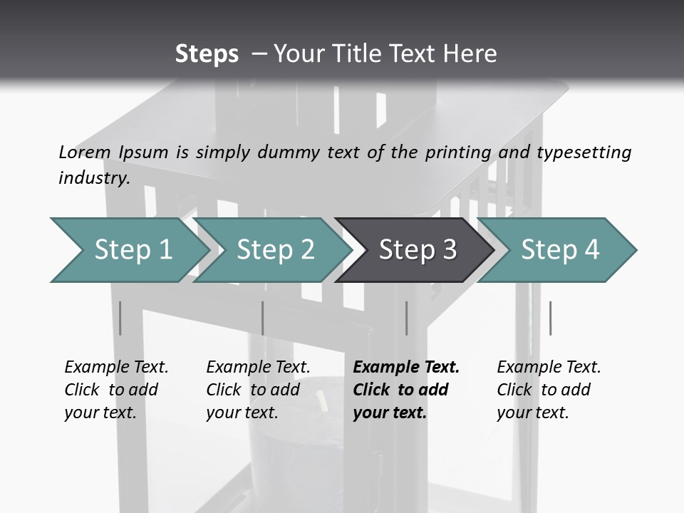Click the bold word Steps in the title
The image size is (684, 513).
pyautogui.click(x=207, y=54)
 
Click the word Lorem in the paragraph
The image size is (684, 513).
pyautogui.click(x=84, y=152)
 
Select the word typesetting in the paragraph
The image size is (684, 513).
pyautogui.click(x=584, y=152)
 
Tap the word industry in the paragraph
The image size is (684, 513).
pyautogui.click(x=93, y=177)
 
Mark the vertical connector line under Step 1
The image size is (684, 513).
pyautogui.click(x=120, y=318)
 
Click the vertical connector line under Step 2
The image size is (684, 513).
pyautogui.click(x=263, y=318)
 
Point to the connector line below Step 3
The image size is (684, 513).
pyautogui.click(x=406, y=318)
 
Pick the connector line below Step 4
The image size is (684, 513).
pyautogui.click(x=550, y=318)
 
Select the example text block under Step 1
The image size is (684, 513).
pyautogui.click(x=116, y=390)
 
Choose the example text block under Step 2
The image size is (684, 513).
pyautogui.click(x=258, y=390)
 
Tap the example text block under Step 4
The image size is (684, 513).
pyautogui.click(x=549, y=390)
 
